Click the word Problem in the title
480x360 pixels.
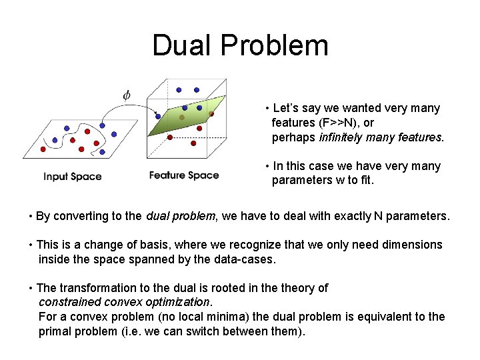[x=275, y=45]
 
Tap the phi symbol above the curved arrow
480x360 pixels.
[x=126, y=95]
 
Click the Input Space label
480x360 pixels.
[x=73, y=177]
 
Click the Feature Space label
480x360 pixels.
[x=184, y=175]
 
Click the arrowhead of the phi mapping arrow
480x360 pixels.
[x=157, y=114]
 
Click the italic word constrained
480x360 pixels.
[x=67, y=302]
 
